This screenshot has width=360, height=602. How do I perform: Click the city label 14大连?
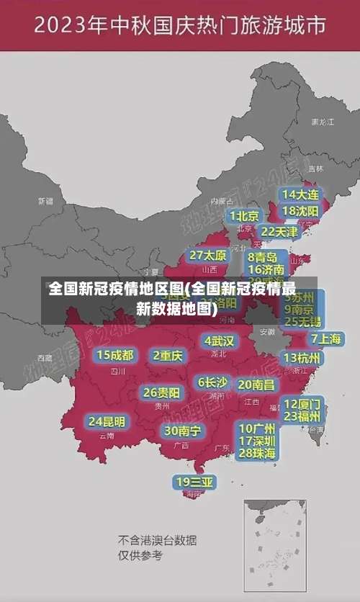pyautogui.click(x=300, y=194)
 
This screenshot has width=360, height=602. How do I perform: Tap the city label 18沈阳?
pyautogui.click(x=300, y=210)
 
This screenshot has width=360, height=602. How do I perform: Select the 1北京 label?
pyautogui.click(x=244, y=216)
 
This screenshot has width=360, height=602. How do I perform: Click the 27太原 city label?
pyautogui.click(x=208, y=255)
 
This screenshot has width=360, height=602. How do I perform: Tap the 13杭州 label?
pyautogui.click(x=302, y=357)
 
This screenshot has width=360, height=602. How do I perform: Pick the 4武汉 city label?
pyautogui.click(x=219, y=340)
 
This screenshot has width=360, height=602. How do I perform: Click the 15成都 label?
pyautogui.click(x=115, y=354)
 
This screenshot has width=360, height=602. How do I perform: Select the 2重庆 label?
pyautogui.click(x=168, y=355)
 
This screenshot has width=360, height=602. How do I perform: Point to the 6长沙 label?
pyautogui.click(x=212, y=382)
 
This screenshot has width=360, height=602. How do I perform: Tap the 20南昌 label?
pyautogui.click(x=256, y=385)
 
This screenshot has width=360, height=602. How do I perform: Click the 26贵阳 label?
pyautogui.click(x=162, y=392)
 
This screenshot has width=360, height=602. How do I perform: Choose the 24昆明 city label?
pyautogui.click(x=107, y=421)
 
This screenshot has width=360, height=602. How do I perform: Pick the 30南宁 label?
pyautogui.click(x=182, y=431)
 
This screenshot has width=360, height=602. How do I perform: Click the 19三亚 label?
pyautogui.click(x=195, y=482)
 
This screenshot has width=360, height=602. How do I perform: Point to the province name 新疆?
pyautogui.click(x=45, y=201)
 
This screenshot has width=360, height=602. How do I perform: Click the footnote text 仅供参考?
pyautogui.click(x=140, y=555)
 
